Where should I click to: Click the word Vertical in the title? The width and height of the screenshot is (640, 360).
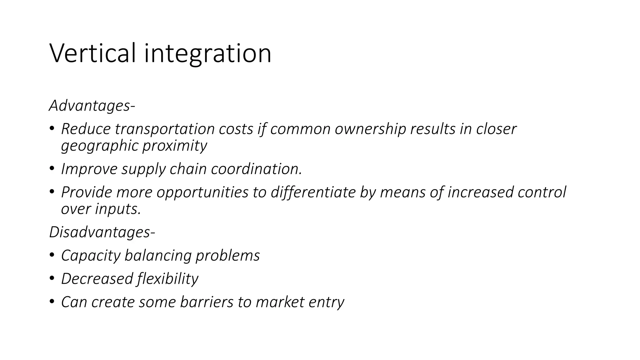coord(93,53)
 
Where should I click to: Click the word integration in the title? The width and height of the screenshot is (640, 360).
coord(207,54)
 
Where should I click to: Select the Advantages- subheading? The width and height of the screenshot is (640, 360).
coord(92,106)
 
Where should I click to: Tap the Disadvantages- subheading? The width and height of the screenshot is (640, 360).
coord(102,232)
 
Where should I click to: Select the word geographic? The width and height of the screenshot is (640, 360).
coord(100,146)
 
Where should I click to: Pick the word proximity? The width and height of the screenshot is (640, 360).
coord(175,146)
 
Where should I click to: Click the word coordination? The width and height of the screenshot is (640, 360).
coord(257,169)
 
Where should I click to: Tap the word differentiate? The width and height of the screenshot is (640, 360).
coord(313,192)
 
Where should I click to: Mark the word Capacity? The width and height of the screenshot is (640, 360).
coord(91,256)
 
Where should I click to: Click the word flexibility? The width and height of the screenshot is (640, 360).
coord(167,279)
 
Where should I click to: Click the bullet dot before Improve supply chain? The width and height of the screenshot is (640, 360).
coord(52,168)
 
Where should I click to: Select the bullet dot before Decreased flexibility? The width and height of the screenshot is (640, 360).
coord(52,278)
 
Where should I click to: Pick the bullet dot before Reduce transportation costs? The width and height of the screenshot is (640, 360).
coord(52,128)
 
